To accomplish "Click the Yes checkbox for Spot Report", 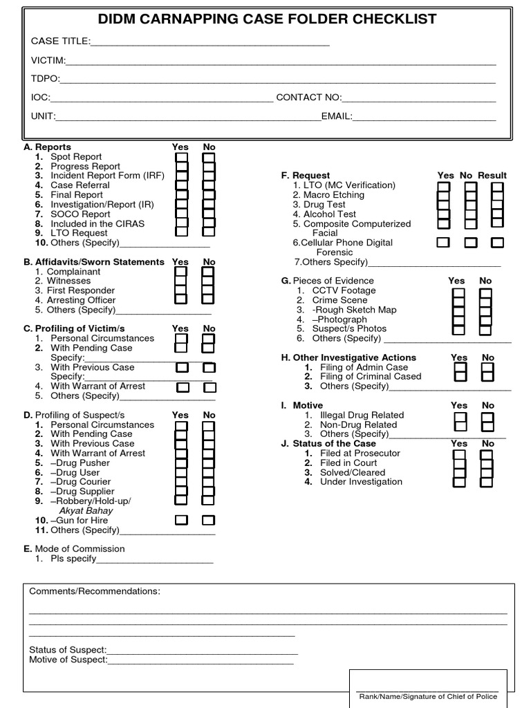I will [x=181, y=158].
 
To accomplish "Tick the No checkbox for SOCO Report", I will [x=209, y=214].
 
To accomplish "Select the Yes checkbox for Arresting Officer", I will [x=180, y=299].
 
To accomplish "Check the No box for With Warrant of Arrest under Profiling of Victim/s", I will [x=210, y=387].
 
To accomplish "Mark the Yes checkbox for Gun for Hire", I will [x=181, y=520].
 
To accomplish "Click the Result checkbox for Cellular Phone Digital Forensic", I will [x=497, y=243].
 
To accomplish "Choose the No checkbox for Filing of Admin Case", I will [x=487, y=369].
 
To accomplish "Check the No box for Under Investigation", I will [x=486, y=483].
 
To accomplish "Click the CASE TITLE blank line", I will [x=210, y=41].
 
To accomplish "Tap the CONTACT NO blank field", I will [x=419, y=97].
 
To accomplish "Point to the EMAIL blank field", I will [x=425, y=116].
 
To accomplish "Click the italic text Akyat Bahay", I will [x=86, y=510].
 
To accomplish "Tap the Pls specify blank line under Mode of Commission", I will [x=155, y=559].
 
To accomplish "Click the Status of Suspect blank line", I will [x=202, y=650].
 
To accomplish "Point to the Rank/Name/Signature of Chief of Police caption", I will [x=428, y=696].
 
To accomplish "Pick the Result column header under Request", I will [x=492, y=176].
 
